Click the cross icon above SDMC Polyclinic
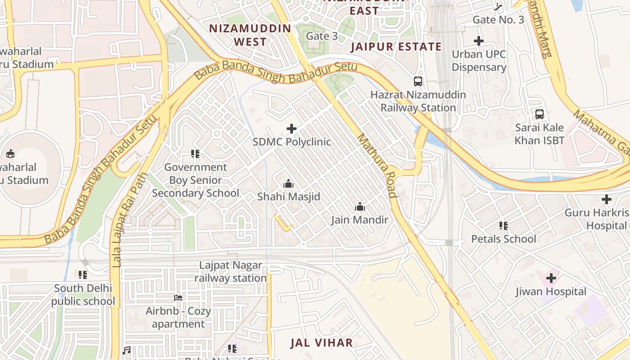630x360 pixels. tap(292, 129)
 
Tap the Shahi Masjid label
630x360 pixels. tap(288, 197)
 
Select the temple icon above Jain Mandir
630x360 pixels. tap(360, 207)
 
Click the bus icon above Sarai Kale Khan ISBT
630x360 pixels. tap(539, 114)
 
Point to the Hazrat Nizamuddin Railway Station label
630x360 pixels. tap(418, 101)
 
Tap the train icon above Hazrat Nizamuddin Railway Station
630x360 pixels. tap(418, 81)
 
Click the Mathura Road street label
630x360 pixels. tap(377, 165)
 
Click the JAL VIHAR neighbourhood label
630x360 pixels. tap(321, 342)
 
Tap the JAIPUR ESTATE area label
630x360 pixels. tap(396, 46)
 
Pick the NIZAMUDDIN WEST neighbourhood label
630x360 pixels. tap(250, 35)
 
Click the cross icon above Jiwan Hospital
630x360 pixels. tap(551, 279)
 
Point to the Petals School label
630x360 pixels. tap(504, 238)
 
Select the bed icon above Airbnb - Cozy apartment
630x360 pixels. tap(178, 298)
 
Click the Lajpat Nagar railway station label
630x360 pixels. tap(230, 272)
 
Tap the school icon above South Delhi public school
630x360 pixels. tap(83, 274)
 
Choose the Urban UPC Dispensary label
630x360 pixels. tap(479, 61)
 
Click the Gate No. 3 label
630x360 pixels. tap(498, 20)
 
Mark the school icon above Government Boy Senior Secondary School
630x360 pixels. tap(195, 154)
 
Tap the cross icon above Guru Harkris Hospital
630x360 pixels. tap(606, 199)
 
